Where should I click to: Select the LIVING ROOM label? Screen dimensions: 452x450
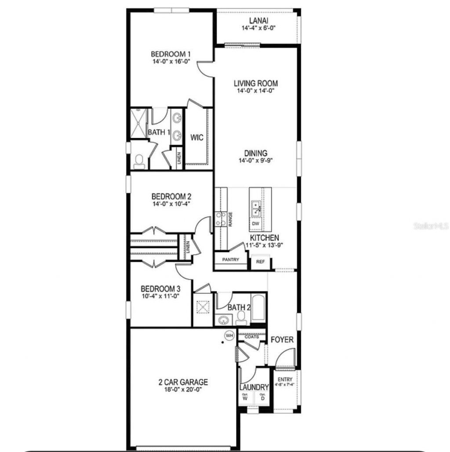point(255,83)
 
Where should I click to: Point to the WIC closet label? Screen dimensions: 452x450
point(196,138)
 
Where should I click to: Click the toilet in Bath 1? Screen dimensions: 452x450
point(139,162)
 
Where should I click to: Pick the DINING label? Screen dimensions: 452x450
point(256,153)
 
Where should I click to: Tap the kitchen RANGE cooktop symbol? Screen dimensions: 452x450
point(221,219)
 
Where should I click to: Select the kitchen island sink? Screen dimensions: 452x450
point(256,207)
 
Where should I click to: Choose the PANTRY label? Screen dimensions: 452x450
point(231,260)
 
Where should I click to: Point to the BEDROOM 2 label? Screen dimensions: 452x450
point(171,196)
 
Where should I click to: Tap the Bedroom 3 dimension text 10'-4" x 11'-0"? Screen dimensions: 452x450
point(160,297)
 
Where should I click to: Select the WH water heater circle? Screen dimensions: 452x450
point(229,335)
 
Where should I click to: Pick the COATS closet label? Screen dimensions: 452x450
point(252,337)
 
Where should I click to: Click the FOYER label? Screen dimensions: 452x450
point(282,340)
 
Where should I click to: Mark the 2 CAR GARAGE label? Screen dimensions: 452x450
point(183,382)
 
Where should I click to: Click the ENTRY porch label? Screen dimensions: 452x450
point(285,379)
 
